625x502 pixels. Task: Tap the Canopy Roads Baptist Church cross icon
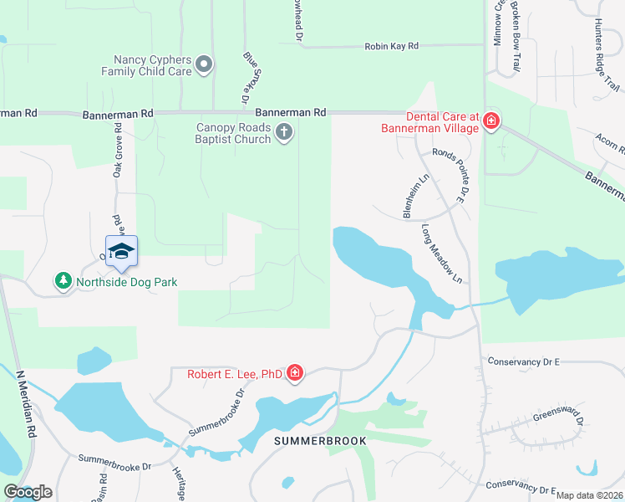(x=284, y=132)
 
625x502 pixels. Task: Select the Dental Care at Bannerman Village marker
(x=491, y=122)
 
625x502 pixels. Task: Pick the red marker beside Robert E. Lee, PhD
(x=294, y=373)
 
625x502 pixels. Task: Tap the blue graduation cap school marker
(x=121, y=251)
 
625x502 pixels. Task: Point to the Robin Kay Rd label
(x=390, y=46)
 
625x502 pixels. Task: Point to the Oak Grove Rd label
(x=118, y=151)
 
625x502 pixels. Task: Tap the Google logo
(x=28, y=492)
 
